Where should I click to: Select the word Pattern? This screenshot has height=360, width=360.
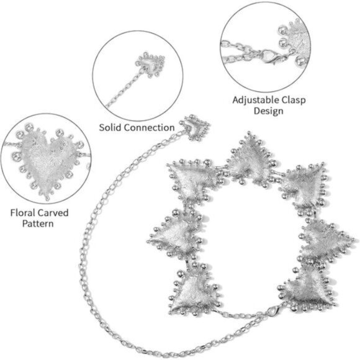click(x=38, y=223)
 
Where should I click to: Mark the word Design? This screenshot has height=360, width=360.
click(x=268, y=111)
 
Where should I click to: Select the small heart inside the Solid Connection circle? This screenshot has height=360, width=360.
click(x=150, y=65)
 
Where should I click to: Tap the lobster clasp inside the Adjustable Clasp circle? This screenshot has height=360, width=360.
click(x=271, y=56)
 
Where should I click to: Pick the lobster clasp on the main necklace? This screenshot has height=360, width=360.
click(x=274, y=310)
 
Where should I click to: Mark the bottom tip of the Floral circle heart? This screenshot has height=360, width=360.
click(x=48, y=199)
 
